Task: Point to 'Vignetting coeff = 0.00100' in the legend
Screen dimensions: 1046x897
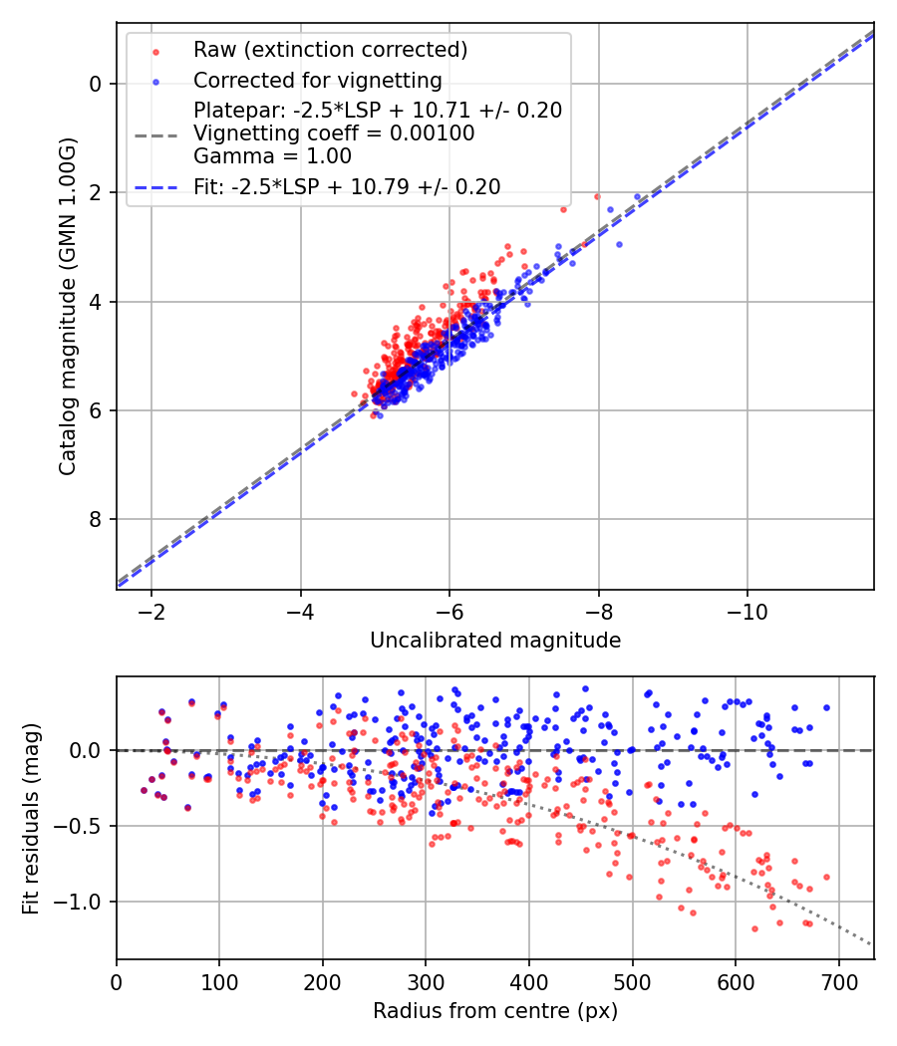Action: coord(334,133)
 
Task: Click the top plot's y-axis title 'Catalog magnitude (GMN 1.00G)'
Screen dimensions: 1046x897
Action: coord(68,306)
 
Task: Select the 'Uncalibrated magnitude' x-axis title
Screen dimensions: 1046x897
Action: coord(495,641)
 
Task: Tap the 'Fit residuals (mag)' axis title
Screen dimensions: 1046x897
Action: coord(31,818)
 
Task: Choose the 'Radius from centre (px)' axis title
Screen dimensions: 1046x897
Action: coord(495,1011)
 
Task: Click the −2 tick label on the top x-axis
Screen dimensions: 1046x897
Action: coord(151,611)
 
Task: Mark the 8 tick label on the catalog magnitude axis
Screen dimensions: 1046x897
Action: coord(95,520)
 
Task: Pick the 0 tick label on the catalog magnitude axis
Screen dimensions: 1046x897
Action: coord(95,84)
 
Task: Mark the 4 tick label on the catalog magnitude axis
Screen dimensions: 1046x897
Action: coord(95,302)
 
